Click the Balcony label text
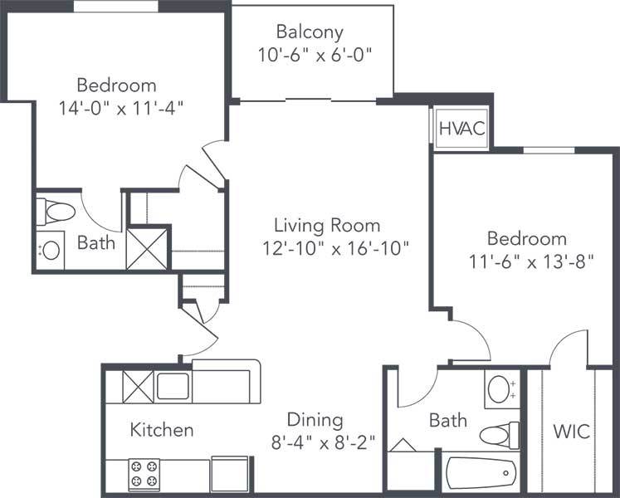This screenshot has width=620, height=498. [x=310, y=32]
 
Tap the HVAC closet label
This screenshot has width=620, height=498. [x=461, y=129]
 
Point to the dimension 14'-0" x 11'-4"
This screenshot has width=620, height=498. [x=121, y=107]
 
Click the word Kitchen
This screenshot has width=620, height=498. [x=162, y=430]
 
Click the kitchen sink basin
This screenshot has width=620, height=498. [x=173, y=387]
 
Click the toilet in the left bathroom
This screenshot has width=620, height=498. [x=56, y=212]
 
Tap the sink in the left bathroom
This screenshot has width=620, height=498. [x=51, y=250]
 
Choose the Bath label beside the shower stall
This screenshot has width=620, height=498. [x=96, y=243]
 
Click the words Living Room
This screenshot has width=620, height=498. [x=327, y=225]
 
